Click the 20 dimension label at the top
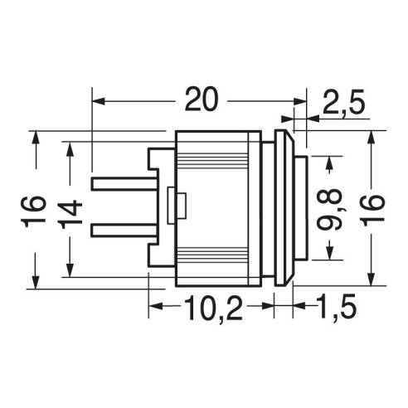202,100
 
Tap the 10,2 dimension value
212,308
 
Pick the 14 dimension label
71,214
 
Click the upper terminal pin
124,184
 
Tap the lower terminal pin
124,231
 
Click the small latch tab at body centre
177,206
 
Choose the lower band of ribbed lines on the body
211,254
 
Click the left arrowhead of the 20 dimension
99,101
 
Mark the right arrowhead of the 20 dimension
300,101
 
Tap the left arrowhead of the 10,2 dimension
156,306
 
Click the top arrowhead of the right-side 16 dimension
372,137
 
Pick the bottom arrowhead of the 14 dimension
70,270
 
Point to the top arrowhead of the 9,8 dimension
329,163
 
